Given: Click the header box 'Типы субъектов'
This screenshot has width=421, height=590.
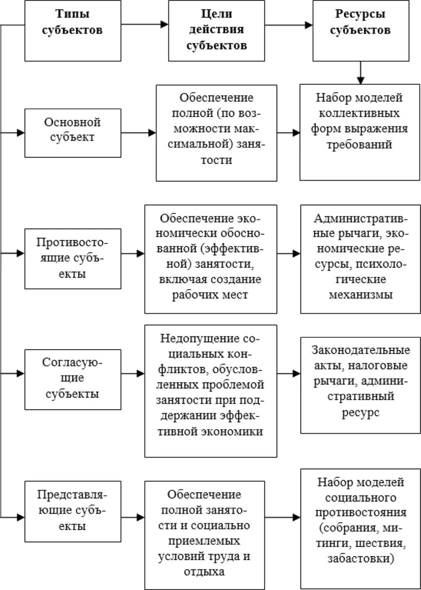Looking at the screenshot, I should pos(73,30).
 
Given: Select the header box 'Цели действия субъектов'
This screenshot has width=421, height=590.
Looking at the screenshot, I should pos(217,30).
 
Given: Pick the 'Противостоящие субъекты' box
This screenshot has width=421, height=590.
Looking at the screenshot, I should pos(73,258).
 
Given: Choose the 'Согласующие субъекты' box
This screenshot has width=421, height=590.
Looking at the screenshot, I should pos(73,379).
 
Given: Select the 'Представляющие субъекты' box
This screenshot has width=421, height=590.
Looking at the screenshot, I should pos(73,511).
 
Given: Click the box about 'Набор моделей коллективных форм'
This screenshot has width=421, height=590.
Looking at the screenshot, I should pos(359,132).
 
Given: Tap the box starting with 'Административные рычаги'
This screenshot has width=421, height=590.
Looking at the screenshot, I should pos(359,258).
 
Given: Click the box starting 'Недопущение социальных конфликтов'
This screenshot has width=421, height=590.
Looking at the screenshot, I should pos(210,391).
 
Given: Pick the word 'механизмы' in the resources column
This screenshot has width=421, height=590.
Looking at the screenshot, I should pos(360,295).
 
